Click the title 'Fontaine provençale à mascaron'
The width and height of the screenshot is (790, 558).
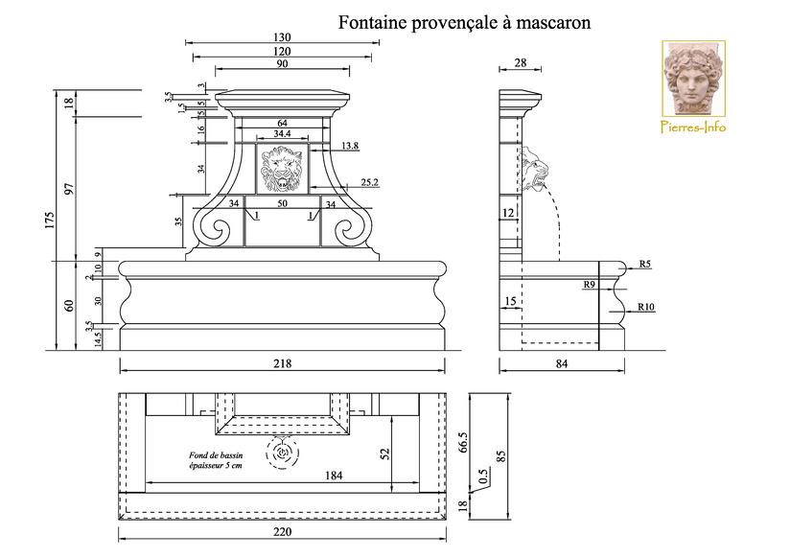[x=463, y=22]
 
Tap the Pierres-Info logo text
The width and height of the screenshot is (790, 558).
[x=694, y=127]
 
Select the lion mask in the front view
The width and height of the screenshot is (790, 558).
[x=282, y=172]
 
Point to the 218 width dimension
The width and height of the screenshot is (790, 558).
[x=281, y=363]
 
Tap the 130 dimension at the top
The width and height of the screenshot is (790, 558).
[x=282, y=37]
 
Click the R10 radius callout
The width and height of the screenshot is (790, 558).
[x=645, y=307]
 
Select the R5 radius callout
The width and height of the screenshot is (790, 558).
[x=645, y=264]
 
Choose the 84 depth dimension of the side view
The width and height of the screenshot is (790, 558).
[x=562, y=363]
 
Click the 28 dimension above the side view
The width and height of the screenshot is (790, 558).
[x=521, y=62]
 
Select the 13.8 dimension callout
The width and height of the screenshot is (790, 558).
[x=349, y=146]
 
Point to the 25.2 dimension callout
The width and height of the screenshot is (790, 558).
[x=370, y=182]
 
